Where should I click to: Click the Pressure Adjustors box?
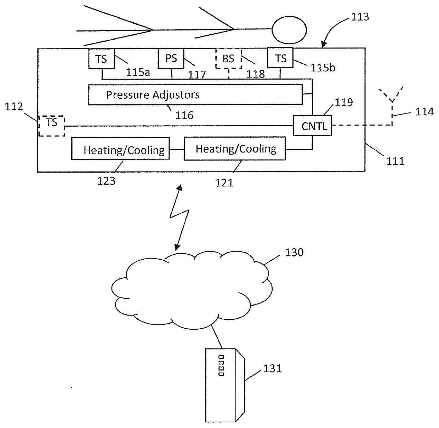195,94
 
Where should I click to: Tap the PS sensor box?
171,58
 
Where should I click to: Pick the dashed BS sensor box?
228,59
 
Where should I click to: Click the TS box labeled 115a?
102,59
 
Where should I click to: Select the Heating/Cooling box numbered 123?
120,150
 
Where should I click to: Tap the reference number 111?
395,161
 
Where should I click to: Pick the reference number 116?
185,115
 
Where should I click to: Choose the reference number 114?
425,112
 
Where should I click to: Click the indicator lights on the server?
222,365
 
